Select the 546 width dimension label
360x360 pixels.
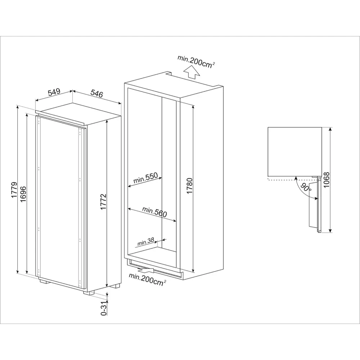point(97,94)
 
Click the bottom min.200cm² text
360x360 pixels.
point(148,278)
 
